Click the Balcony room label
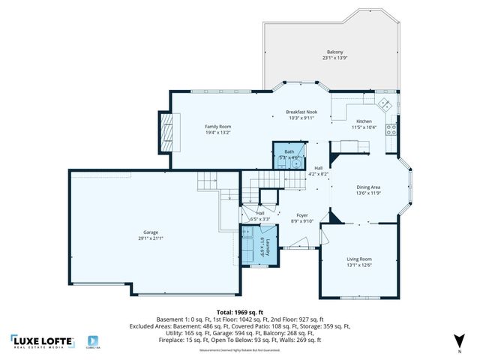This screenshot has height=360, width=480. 334,52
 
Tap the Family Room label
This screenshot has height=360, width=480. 218,127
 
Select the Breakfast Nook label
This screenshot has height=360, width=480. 302,112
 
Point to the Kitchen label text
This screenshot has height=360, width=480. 364,121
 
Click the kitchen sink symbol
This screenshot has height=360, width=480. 383,104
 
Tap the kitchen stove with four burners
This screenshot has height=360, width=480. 391,128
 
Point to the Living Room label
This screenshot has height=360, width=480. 358,259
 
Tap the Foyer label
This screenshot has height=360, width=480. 301,215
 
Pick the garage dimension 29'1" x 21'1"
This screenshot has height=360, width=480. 151,238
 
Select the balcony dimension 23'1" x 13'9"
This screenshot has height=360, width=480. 334,58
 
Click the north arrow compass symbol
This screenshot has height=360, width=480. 459,343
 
